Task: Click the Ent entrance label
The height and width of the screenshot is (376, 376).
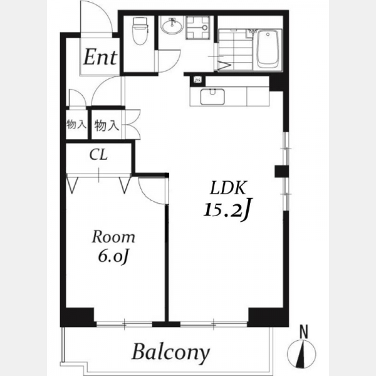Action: (100, 57)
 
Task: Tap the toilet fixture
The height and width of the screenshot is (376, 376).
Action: (141, 30)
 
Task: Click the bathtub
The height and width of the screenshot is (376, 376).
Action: (268, 50)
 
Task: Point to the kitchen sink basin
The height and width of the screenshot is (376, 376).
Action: (212, 97)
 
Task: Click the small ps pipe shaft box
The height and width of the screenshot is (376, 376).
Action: (197, 80)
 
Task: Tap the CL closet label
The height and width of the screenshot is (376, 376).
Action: (98, 155)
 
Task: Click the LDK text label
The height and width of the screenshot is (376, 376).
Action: (228, 187)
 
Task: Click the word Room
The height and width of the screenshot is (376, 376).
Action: (113, 237)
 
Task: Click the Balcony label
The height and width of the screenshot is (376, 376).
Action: (171, 353)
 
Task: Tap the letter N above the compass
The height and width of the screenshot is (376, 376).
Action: (304, 332)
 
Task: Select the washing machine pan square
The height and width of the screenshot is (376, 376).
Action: (198, 28)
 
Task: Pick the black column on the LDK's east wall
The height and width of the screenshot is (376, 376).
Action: (281, 171)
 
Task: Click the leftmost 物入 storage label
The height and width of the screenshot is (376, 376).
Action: (76, 125)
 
